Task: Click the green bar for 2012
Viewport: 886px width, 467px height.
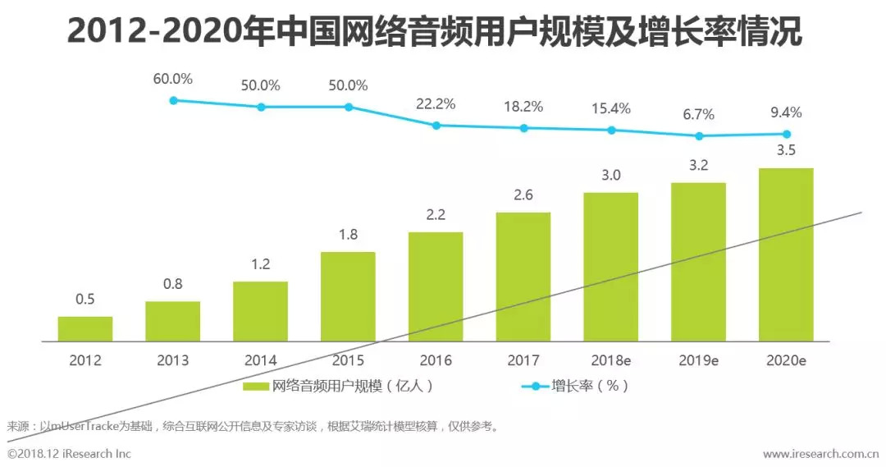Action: click(85, 328)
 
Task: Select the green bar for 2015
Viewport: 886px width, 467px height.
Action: click(348, 295)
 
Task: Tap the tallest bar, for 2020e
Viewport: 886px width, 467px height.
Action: click(785, 254)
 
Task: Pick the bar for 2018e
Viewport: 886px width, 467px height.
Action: click(610, 267)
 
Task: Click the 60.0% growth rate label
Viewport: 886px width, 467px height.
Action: click(172, 80)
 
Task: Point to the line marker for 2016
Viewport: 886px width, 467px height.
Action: click(436, 126)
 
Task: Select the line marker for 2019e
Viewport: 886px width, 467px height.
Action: click(699, 136)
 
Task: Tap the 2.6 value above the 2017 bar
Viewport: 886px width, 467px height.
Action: click(523, 195)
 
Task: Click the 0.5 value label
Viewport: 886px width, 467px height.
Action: click(85, 300)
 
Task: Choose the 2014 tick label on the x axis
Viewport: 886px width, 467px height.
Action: click(260, 360)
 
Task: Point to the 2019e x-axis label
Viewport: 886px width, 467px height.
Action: click(698, 360)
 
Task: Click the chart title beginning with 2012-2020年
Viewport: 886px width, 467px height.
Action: click(434, 34)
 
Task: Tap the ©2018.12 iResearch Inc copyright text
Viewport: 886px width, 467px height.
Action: click(69, 453)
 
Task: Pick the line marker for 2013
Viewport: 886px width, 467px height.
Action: click(173, 100)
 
